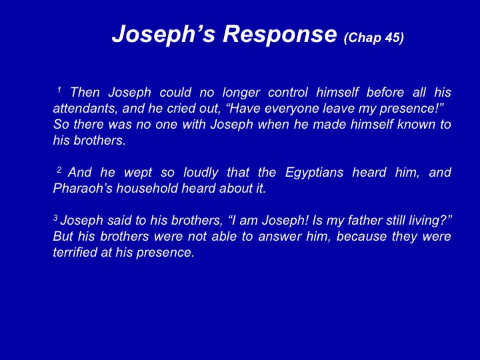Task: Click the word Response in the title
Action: pyautogui.click(x=280, y=35)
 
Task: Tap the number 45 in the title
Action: pyautogui.click(x=393, y=37)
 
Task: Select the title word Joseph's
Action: pyautogui.click(x=164, y=35)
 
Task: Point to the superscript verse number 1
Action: pyautogui.click(x=59, y=90)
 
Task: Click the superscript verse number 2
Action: pyautogui.click(x=59, y=169)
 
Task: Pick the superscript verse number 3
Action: pyautogui.click(x=55, y=217)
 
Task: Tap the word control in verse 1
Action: pyautogui.click(x=288, y=92)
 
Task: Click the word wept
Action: pyautogui.click(x=138, y=173)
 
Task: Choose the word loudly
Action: pyautogui.click(x=201, y=173)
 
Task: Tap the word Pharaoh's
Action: pyautogui.click(x=83, y=188)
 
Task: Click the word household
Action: pyautogui.click(x=147, y=188)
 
